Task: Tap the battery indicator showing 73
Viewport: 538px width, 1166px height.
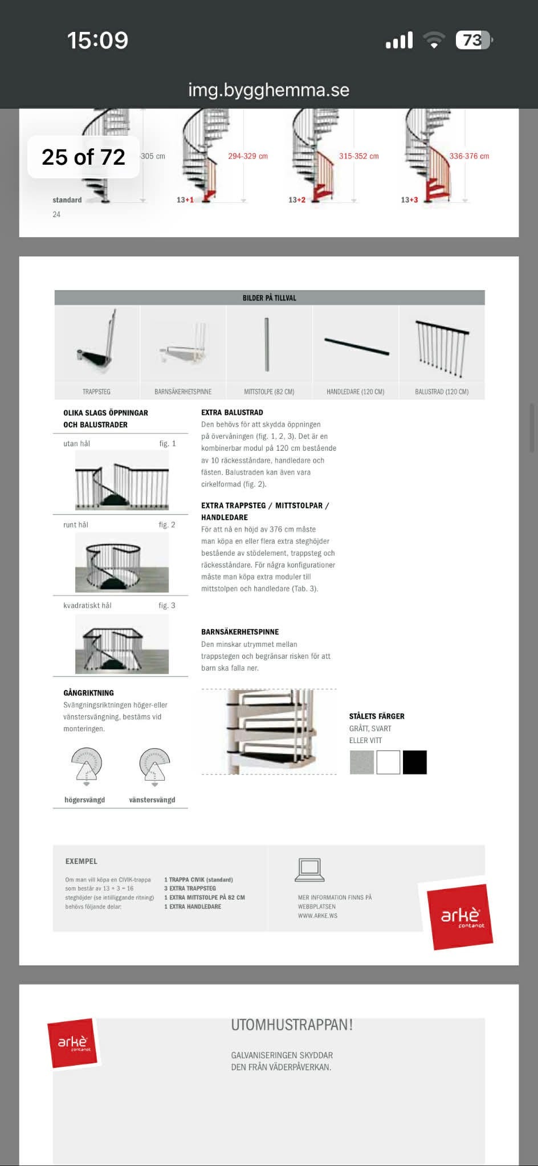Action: [474, 40]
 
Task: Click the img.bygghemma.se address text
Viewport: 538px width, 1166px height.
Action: [268, 90]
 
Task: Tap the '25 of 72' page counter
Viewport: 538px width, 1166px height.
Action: [83, 157]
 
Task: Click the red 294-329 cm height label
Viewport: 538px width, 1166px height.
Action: [248, 156]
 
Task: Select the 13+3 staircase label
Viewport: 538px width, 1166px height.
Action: [409, 200]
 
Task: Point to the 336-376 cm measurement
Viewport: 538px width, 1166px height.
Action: [469, 156]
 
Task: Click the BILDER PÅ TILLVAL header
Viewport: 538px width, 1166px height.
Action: [269, 298]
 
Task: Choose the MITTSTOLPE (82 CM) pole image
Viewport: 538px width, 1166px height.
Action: [267, 345]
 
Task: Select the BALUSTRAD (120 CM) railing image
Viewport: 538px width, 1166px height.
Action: [442, 347]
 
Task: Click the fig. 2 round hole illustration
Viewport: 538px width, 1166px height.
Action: [121, 562]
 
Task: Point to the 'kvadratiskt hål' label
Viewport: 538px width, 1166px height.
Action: [87, 605]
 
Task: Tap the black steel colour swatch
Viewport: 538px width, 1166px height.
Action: [414, 763]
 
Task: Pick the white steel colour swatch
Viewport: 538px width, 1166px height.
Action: [388, 763]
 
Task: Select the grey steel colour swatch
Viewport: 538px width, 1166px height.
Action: [362, 763]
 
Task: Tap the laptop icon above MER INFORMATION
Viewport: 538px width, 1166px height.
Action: [309, 870]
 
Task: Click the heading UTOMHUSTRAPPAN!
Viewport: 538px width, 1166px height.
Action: [292, 1025]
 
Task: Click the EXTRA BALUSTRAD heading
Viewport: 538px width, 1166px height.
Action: [232, 413]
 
